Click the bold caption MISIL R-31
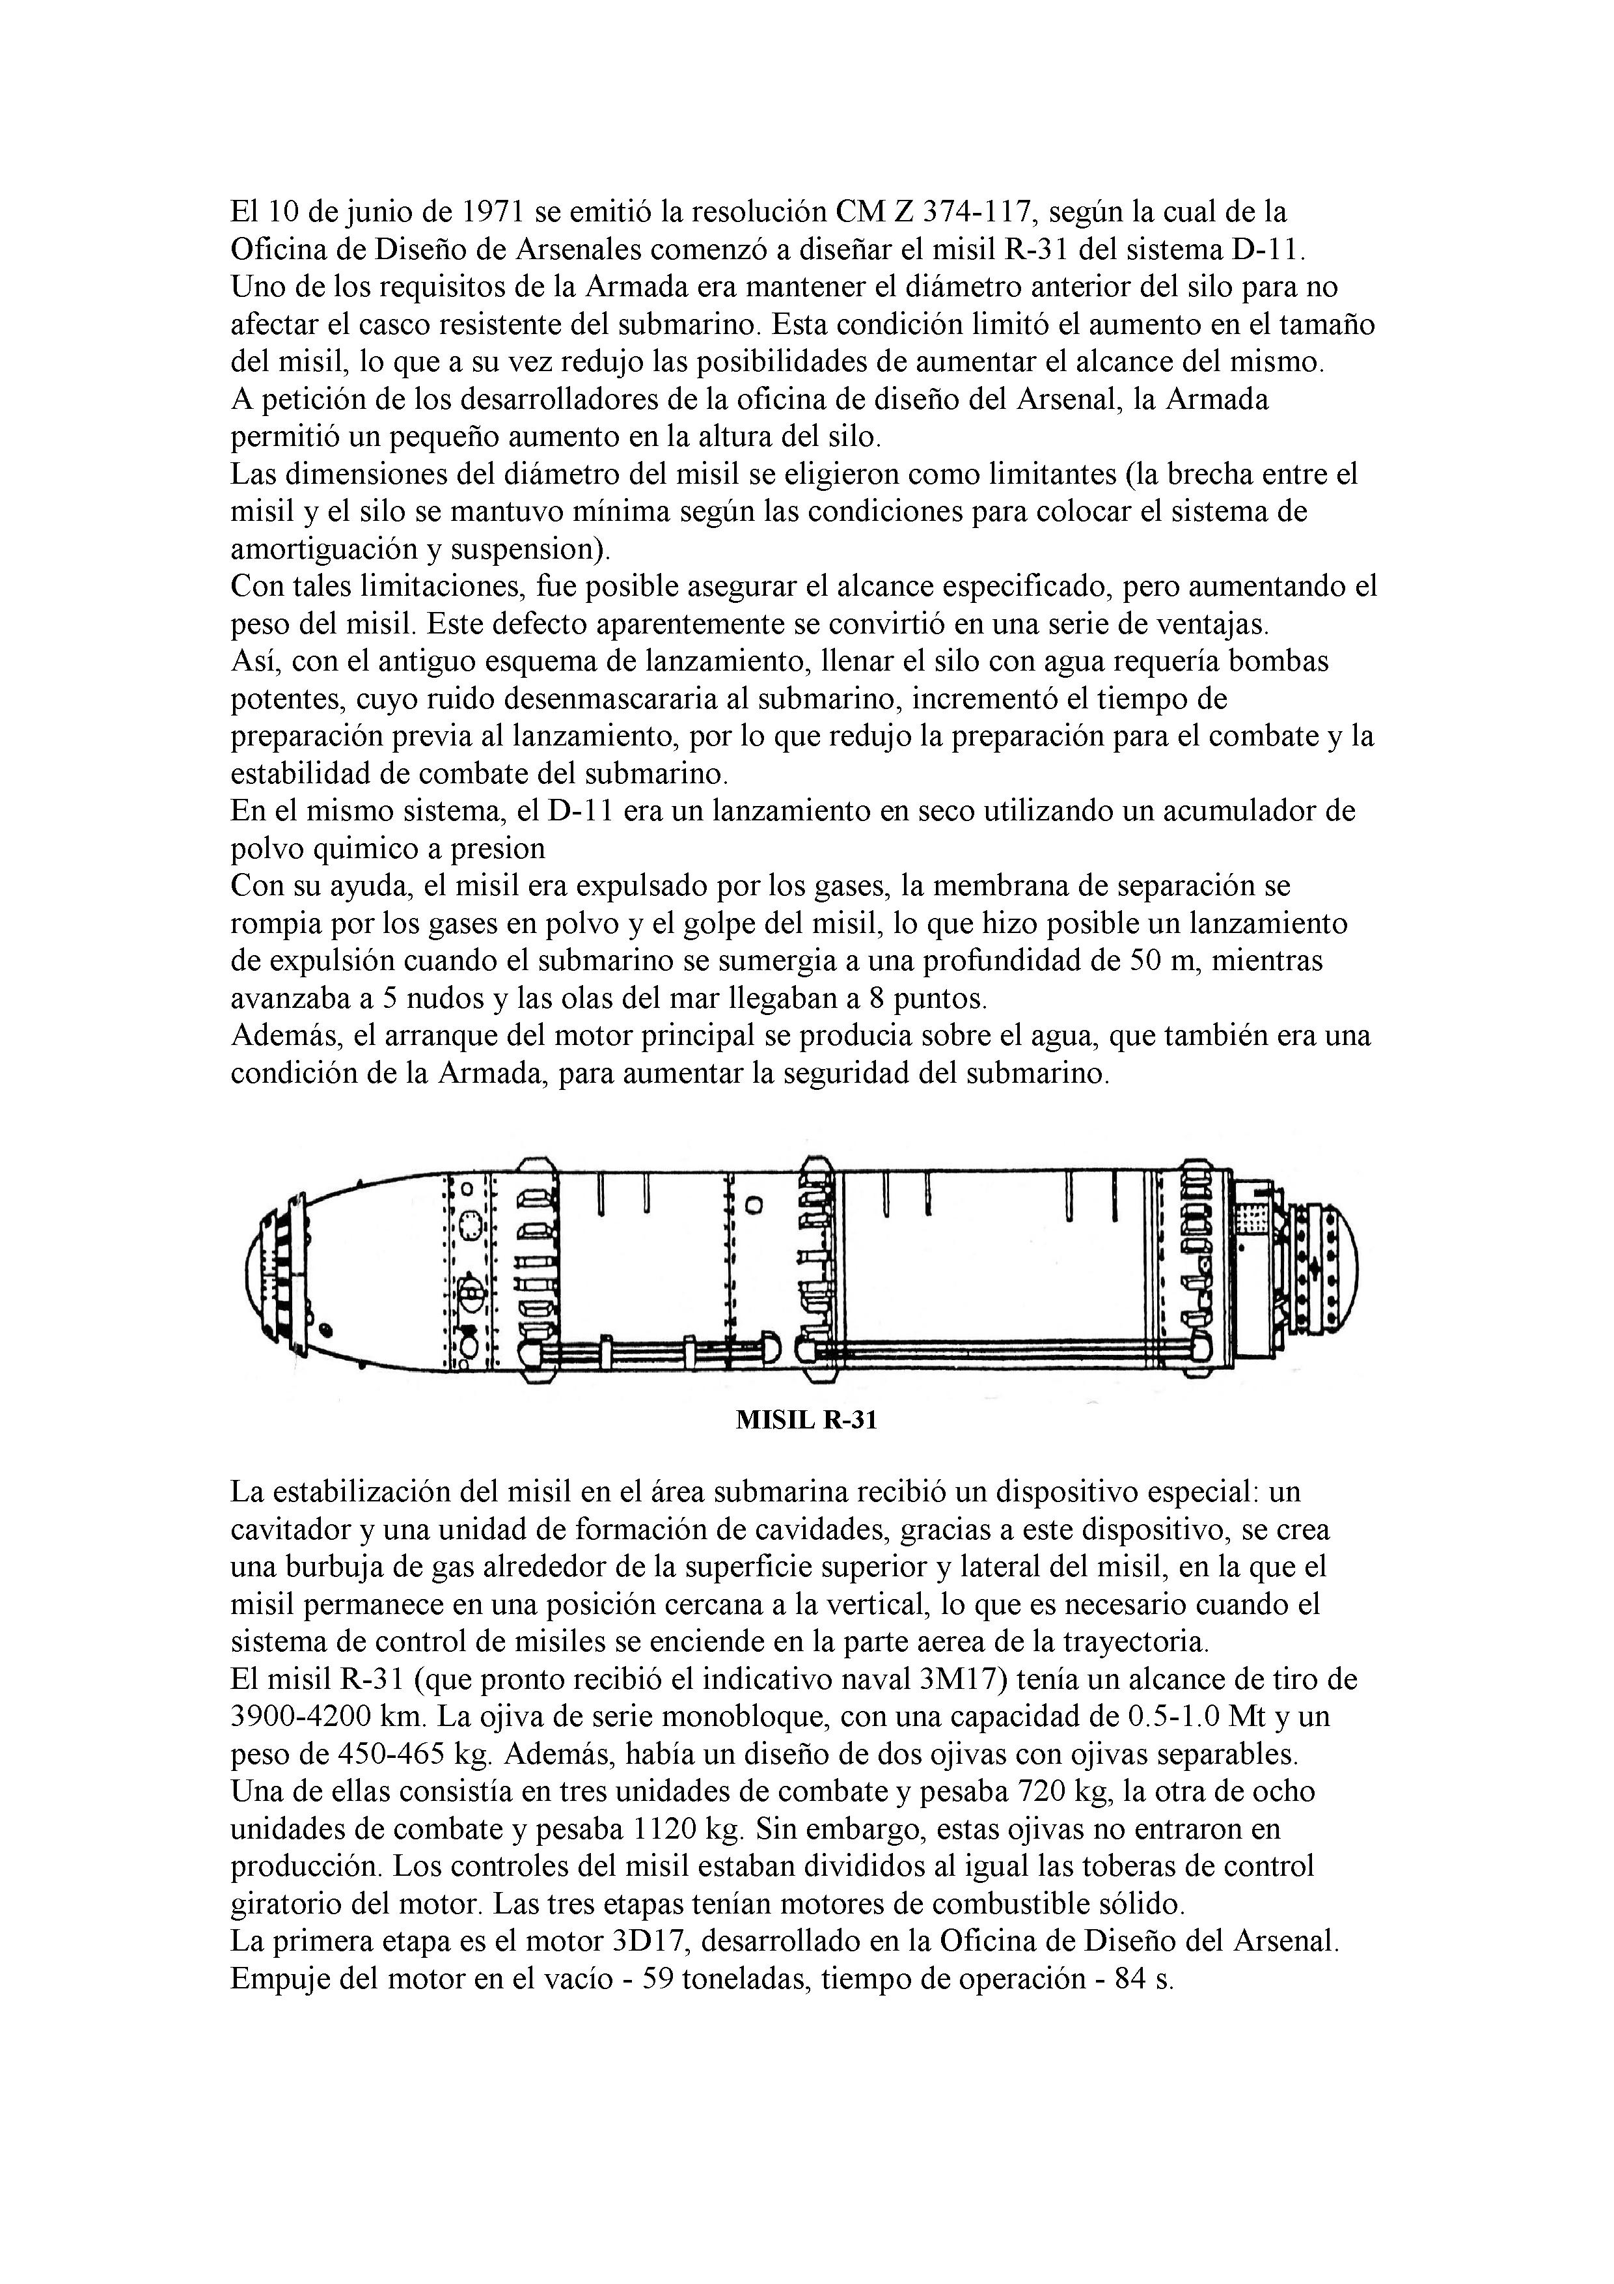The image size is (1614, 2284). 806,1419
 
